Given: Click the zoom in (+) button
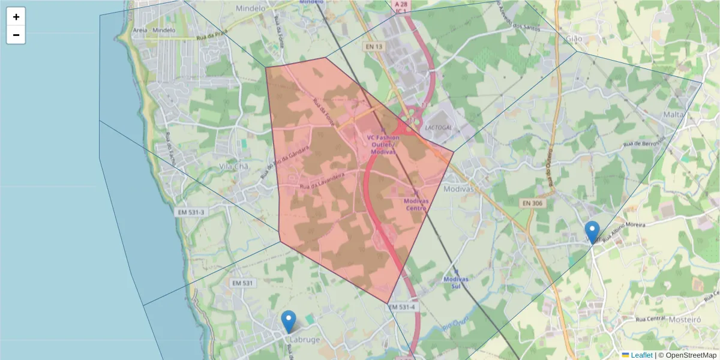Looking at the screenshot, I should coord(16,17).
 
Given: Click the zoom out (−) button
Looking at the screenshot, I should coord(16,35).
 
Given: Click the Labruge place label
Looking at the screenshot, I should coord(305,339).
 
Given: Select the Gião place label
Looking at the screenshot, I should coord(575,38).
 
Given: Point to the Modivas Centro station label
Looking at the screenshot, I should coord(415,205).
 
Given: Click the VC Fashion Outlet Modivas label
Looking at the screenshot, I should coord(383,145).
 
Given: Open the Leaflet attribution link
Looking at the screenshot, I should coord(641,355).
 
